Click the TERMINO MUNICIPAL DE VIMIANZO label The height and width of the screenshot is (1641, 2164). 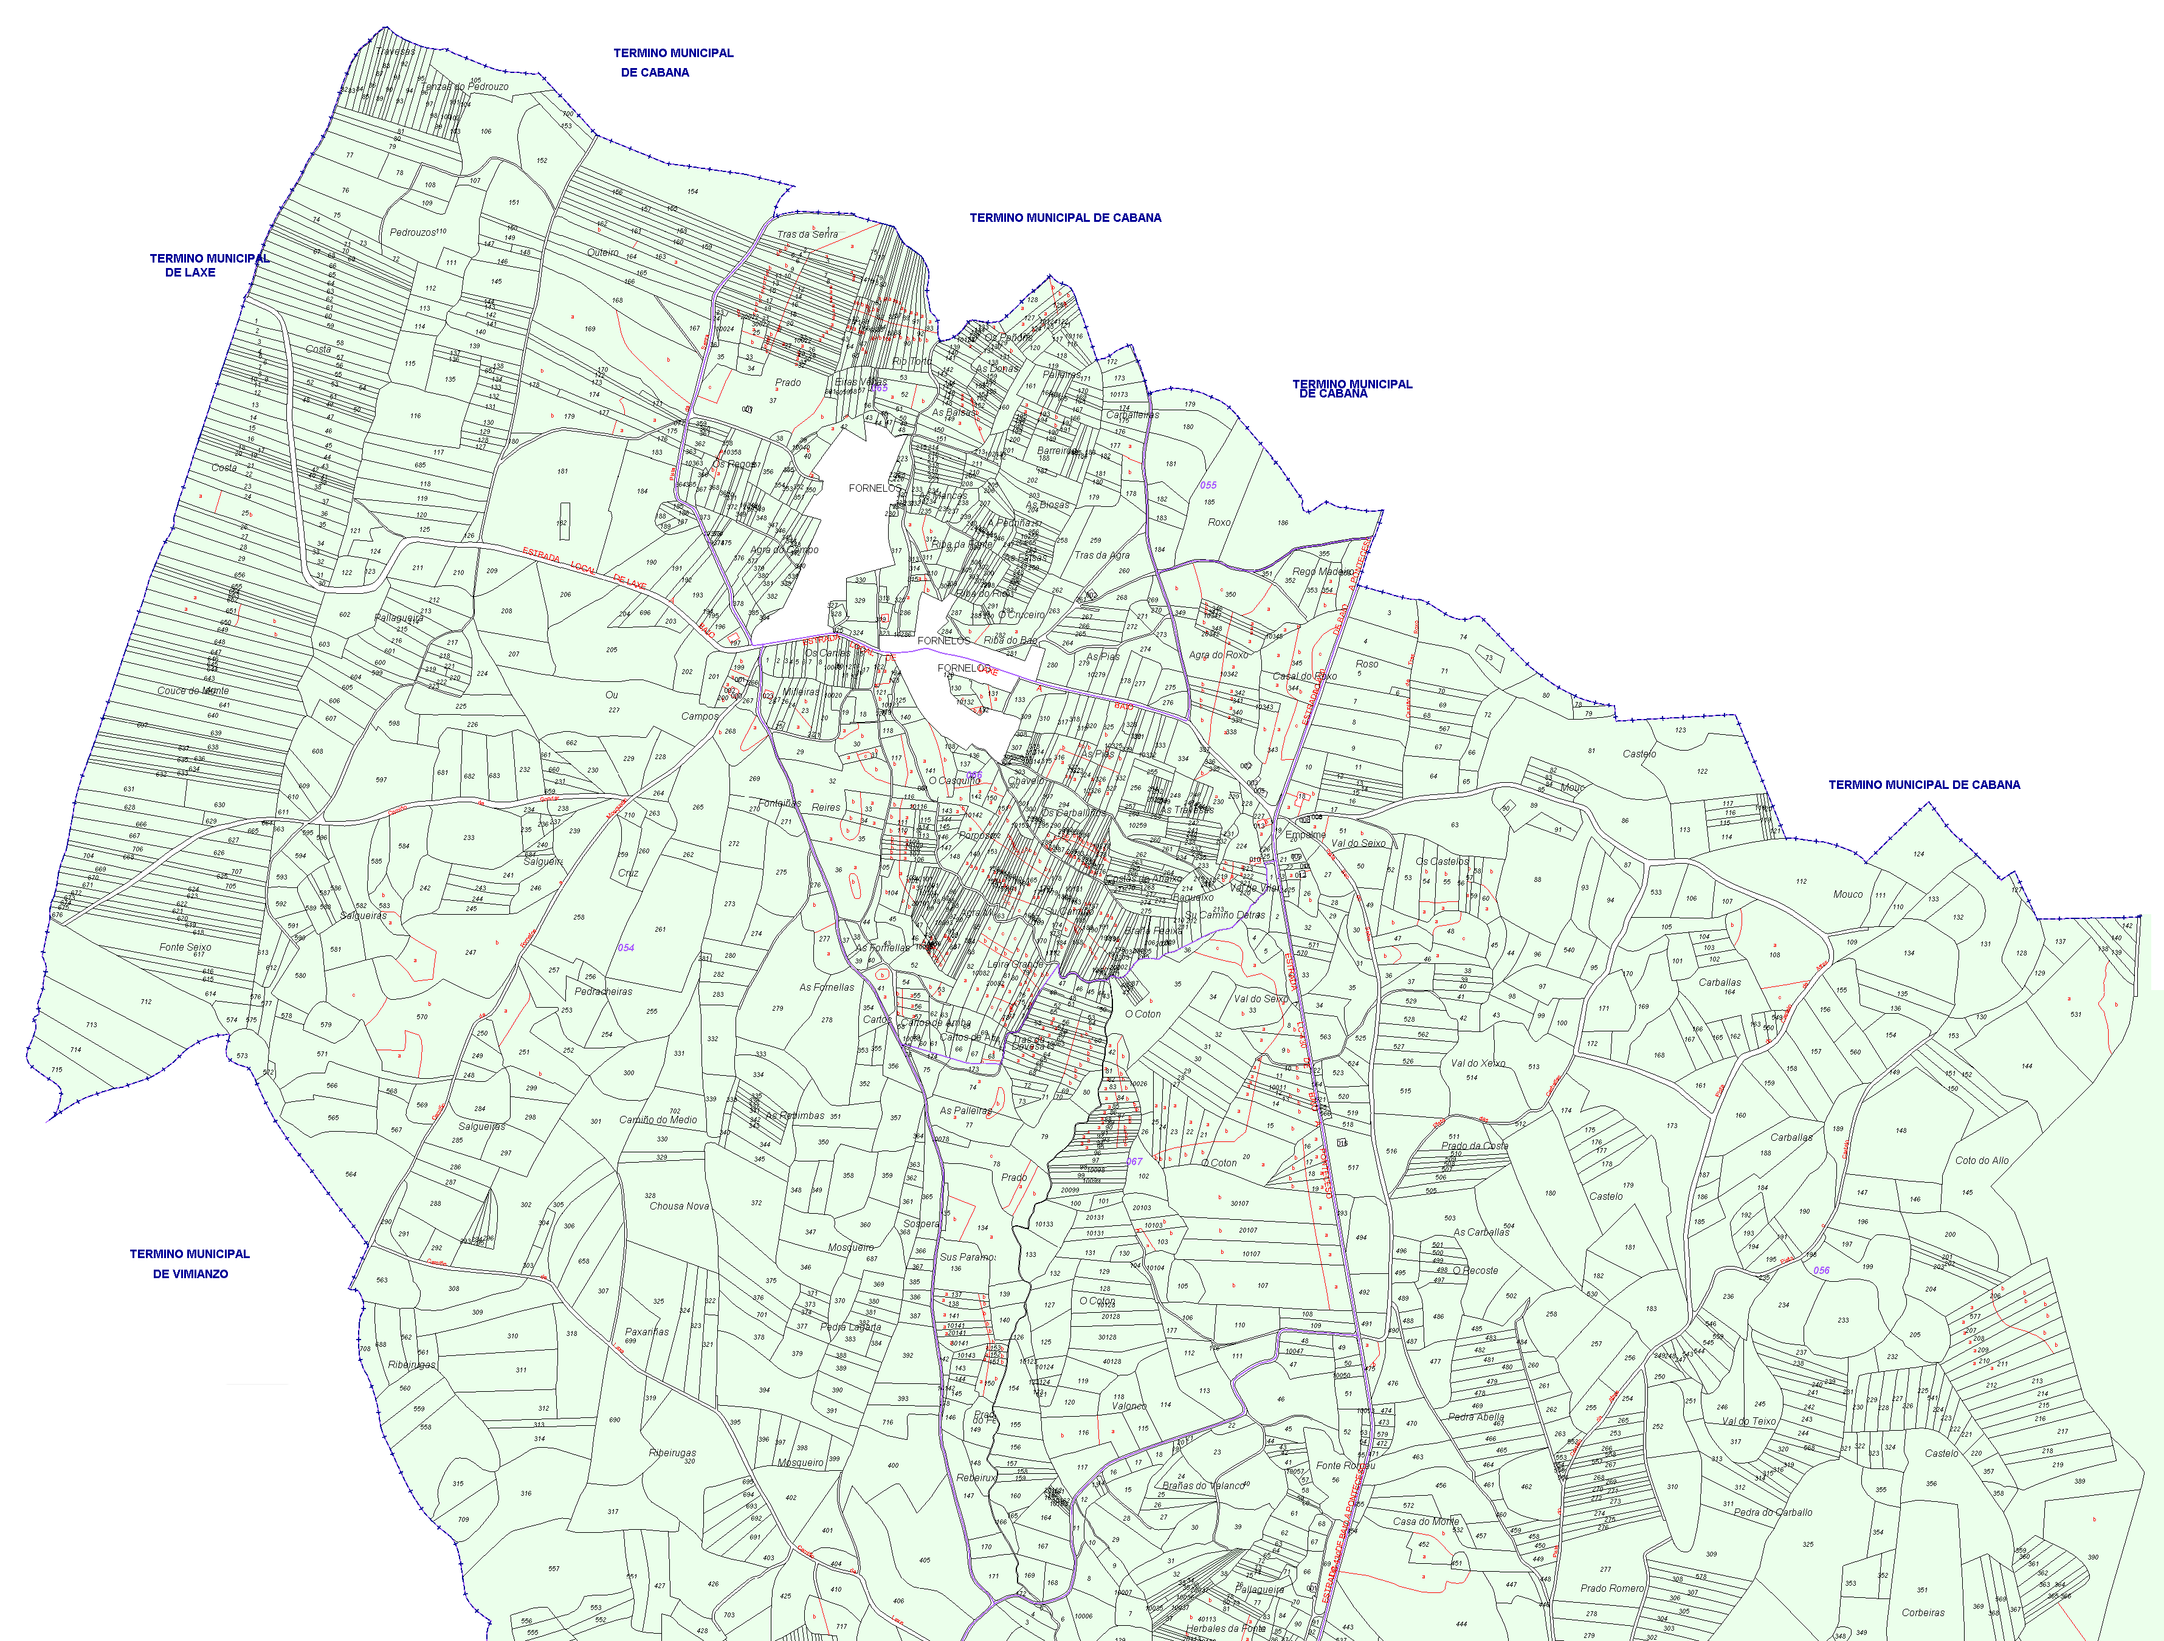pyautogui.click(x=190, y=1264)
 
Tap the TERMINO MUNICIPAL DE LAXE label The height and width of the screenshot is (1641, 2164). pyautogui.click(x=208, y=265)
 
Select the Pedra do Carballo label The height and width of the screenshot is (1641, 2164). pyautogui.click(x=1773, y=1512)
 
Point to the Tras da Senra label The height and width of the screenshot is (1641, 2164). pyautogui.click(x=807, y=235)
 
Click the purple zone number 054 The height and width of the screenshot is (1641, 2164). pyautogui.click(x=625, y=948)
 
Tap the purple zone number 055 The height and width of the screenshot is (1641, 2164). pyautogui.click(x=1208, y=485)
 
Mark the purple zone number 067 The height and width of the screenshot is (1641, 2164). pyautogui.click(x=1134, y=1162)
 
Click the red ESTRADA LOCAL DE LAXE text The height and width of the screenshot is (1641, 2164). pyautogui.click(x=584, y=568)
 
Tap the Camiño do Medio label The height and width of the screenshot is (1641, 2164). pyautogui.click(x=658, y=1120)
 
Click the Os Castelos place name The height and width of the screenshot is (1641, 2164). pyautogui.click(x=1442, y=862)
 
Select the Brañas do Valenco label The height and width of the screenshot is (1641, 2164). pyautogui.click(x=1204, y=1485)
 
